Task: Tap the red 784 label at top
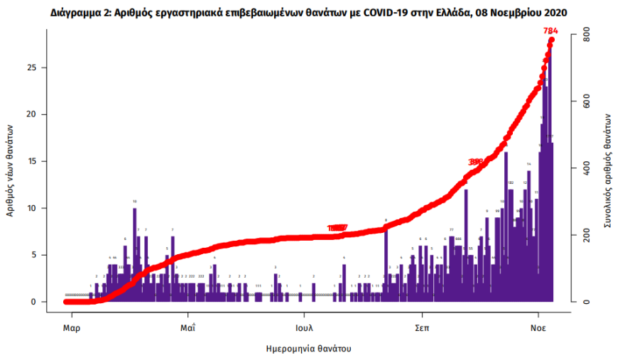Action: [550, 31]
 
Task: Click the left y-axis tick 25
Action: [42, 67]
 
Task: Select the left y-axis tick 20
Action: [42, 114]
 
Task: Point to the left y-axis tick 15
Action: [42, 161]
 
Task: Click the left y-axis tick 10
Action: [42, 208]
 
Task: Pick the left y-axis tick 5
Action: [44, 255]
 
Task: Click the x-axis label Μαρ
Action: [71, 328]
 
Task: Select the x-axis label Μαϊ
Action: [188, 328]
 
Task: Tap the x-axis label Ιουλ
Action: [305, 328]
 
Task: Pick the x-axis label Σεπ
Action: [422, 328]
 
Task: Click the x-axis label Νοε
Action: [538, 328]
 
